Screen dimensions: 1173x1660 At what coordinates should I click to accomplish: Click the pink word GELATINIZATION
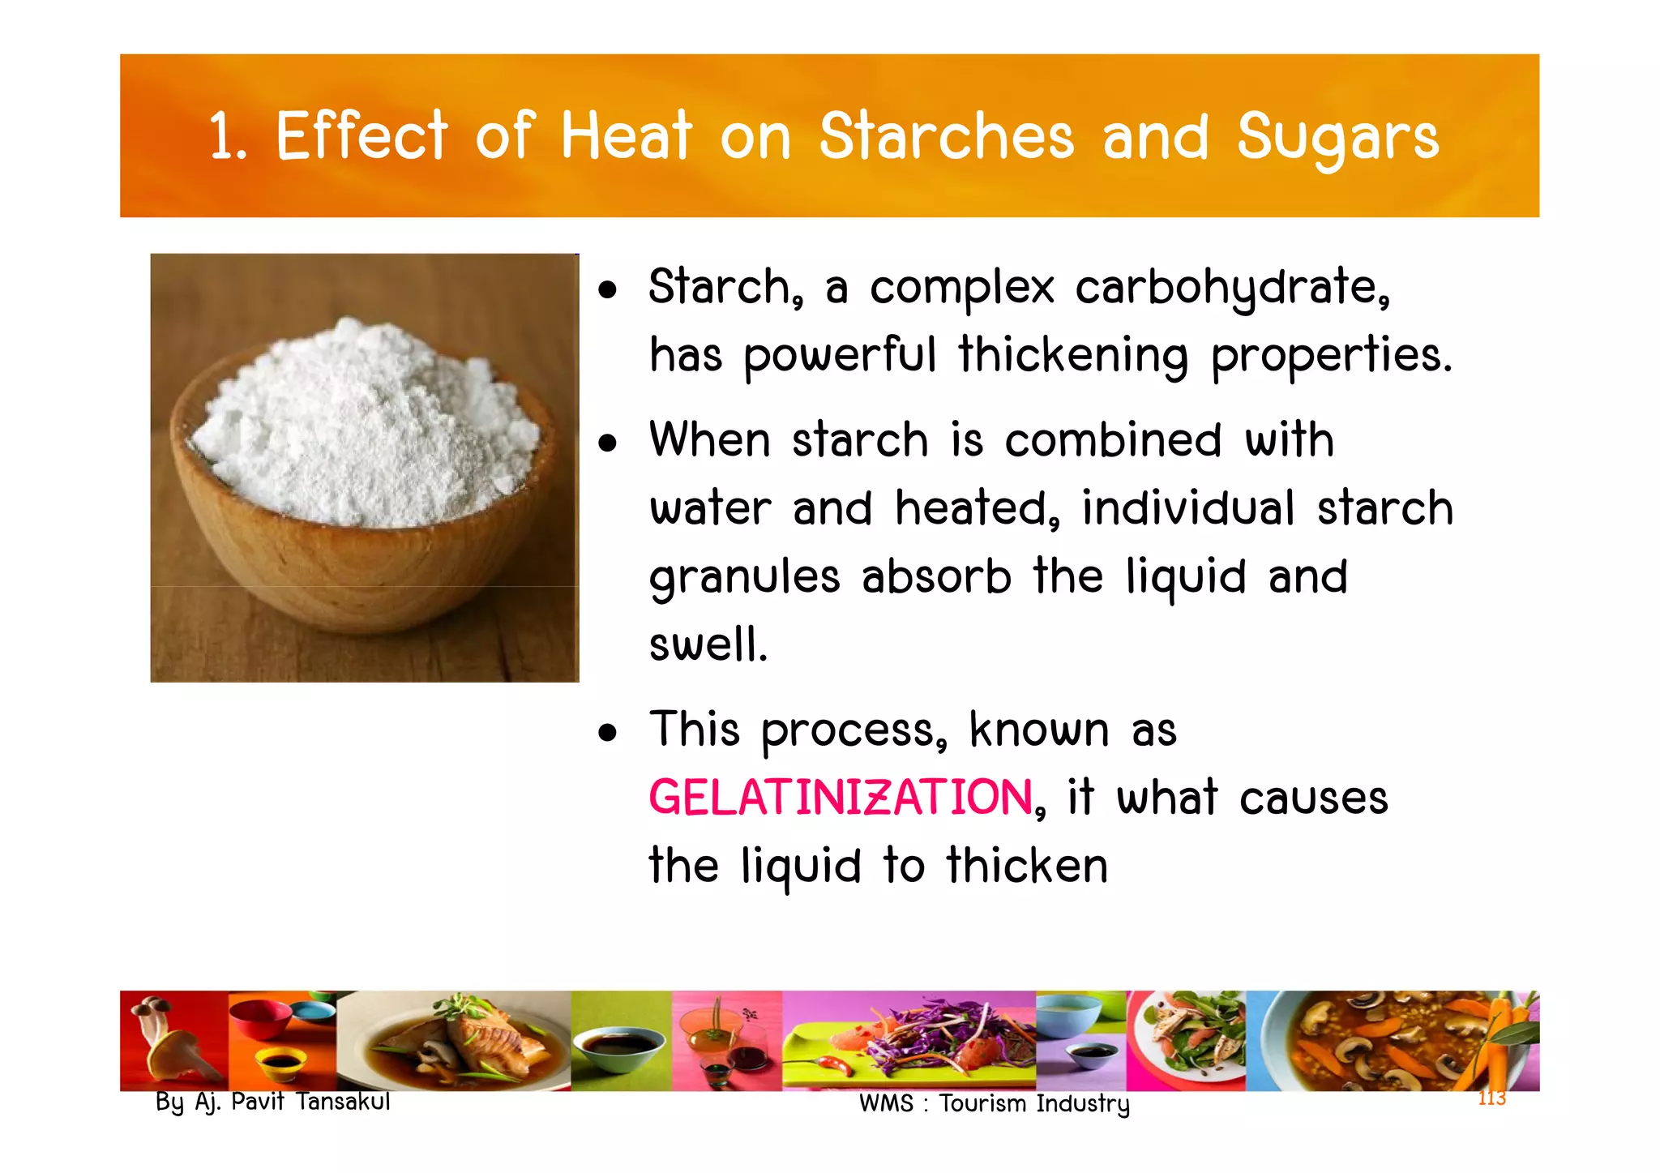[x=841, y=798]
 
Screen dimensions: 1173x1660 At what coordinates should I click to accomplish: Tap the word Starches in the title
[x=946, y=136]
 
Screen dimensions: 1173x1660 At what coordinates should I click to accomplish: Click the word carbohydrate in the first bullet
[x=1232, y=289]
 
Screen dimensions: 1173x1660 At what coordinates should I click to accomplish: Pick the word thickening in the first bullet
[x=1073, y=357]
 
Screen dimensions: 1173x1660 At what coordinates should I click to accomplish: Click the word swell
[x=708, y=645]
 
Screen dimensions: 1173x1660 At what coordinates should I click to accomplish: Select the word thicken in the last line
[x=1027, y=866]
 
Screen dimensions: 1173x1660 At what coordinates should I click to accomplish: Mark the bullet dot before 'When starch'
[x=608, y=443]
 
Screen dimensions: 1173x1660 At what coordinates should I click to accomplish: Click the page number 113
[x=1491, y=1098]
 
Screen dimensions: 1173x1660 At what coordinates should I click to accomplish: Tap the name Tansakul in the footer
[x=343, y=1102]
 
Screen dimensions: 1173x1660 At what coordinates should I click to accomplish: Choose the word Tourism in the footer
[x=983, y=1103]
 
